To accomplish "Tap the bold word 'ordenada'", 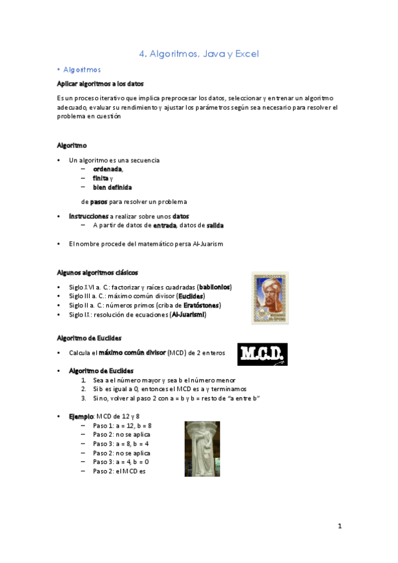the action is [x=108, y=169].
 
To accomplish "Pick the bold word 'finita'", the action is [x=100, y=178].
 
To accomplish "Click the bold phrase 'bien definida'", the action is [x=112, y=187].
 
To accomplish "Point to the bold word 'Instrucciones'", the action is [x=88, y=216].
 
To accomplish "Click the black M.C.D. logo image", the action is [x=262, y=355].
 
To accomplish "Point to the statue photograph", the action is [x=202, y=449].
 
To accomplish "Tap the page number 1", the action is [x=339, y=526].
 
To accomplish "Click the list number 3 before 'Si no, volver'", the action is [x=84, y=398].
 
